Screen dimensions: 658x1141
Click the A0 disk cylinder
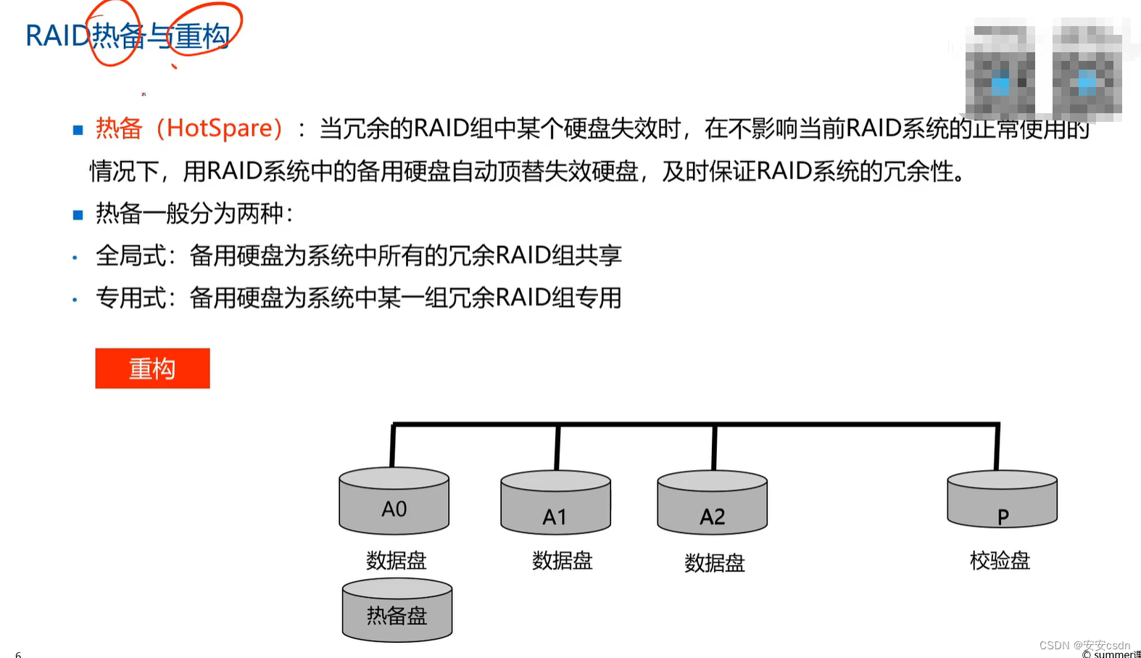coord(394,501)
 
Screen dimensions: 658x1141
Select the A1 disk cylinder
coord(555,503)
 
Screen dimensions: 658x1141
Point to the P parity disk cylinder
coord(1002,501)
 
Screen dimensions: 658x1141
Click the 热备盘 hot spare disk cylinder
coord(397,611)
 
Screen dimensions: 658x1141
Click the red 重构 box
coord(152,369)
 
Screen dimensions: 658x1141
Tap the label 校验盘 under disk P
coord(1000,560)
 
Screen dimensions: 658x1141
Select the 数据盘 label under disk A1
coord(562,560)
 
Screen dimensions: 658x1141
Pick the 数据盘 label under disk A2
coord(714,563)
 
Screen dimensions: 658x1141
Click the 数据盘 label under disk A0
coord(396,560)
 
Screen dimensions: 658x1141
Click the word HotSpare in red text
coord(220,128)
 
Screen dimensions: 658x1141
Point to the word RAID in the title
coord(57,36)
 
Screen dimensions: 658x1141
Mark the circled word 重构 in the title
coord(202,36)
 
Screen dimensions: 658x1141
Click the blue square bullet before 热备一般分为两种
coord(78,215)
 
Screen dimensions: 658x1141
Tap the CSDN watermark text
coord(1084,645)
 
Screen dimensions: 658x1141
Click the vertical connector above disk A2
coord(714,448)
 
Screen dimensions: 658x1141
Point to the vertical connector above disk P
coord(997,448)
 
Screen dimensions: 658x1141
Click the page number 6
coord(18,654)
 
